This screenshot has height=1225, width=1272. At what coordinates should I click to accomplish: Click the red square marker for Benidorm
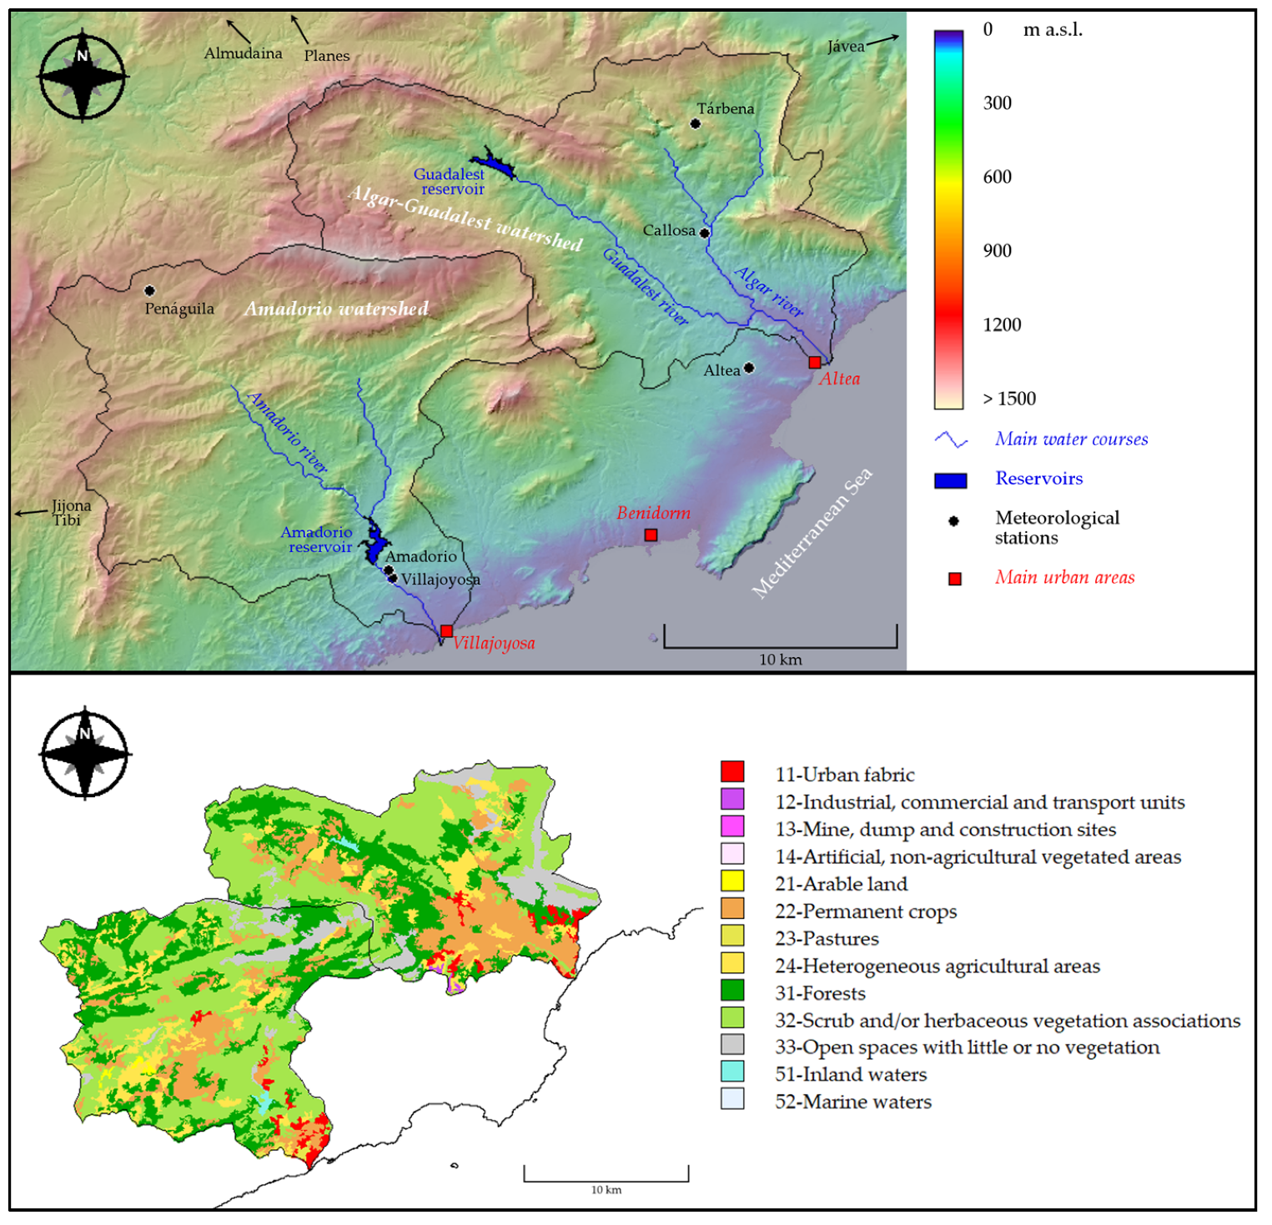click(x=651, y=535)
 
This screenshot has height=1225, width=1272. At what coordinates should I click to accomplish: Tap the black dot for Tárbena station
click(x=696, y=124)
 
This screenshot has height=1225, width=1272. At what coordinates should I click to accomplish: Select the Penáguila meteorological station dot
click(x=149, y=291)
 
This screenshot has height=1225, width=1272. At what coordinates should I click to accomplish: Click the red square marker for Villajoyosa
click(x=446, y=631)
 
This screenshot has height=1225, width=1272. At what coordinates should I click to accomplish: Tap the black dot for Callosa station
click(x=705, y=233)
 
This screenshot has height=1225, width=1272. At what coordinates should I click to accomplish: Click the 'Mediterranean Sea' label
click(x=812, y=533)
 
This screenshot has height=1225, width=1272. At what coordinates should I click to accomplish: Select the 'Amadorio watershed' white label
click(x=336, y=309)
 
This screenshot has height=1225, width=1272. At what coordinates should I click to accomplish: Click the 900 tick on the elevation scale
click(x=997, y=251)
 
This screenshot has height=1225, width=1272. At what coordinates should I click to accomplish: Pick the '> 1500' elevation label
click(x=1008, y=399)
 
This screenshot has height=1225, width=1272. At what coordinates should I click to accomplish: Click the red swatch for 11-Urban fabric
click(x=732, y=772)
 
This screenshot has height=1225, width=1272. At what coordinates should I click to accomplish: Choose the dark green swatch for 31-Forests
click(x=732, y=991)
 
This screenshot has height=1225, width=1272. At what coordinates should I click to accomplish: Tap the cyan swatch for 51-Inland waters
click(x=732, y=1072)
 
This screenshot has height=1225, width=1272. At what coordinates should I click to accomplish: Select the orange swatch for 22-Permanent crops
click(x=732, y=909)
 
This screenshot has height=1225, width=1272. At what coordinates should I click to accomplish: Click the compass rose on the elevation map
click(x=82, y=75)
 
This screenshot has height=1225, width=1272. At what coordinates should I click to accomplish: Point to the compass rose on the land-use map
click(x=84, y=754)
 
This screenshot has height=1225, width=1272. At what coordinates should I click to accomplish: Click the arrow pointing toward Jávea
click(x=883, y=39)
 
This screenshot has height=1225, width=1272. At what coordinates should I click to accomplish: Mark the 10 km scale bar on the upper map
click(x=780, y=645)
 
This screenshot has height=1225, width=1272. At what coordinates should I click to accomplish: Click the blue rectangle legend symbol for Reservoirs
click(x=950, y=480)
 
